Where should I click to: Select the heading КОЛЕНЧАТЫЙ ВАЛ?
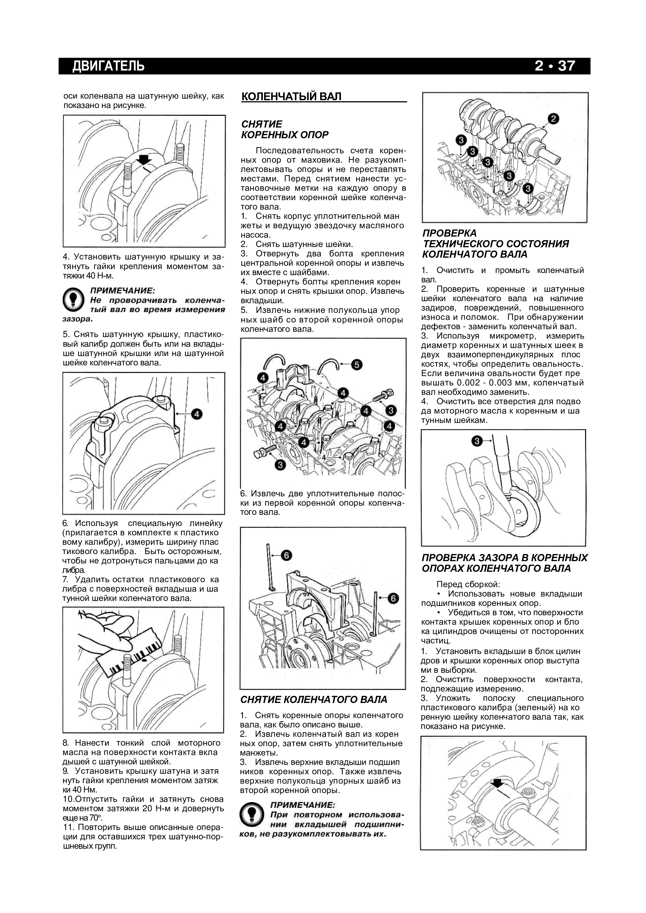291,97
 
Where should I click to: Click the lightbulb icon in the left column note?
73,300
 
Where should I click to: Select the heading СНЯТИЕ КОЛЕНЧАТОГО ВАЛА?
314,700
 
